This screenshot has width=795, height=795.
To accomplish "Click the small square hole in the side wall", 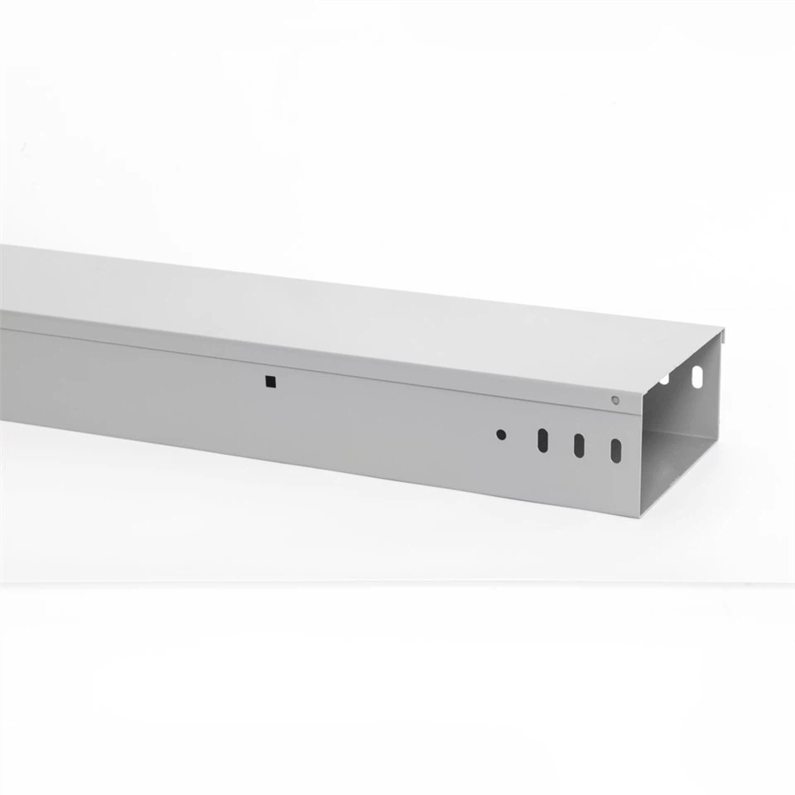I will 270,381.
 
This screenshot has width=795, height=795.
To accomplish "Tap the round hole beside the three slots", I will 501,434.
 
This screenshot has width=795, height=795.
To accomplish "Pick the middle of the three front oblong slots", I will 579,445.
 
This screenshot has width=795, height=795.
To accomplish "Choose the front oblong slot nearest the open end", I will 616,450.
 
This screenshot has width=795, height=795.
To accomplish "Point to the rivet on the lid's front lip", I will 614,400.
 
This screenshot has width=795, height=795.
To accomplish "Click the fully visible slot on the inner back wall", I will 697,377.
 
